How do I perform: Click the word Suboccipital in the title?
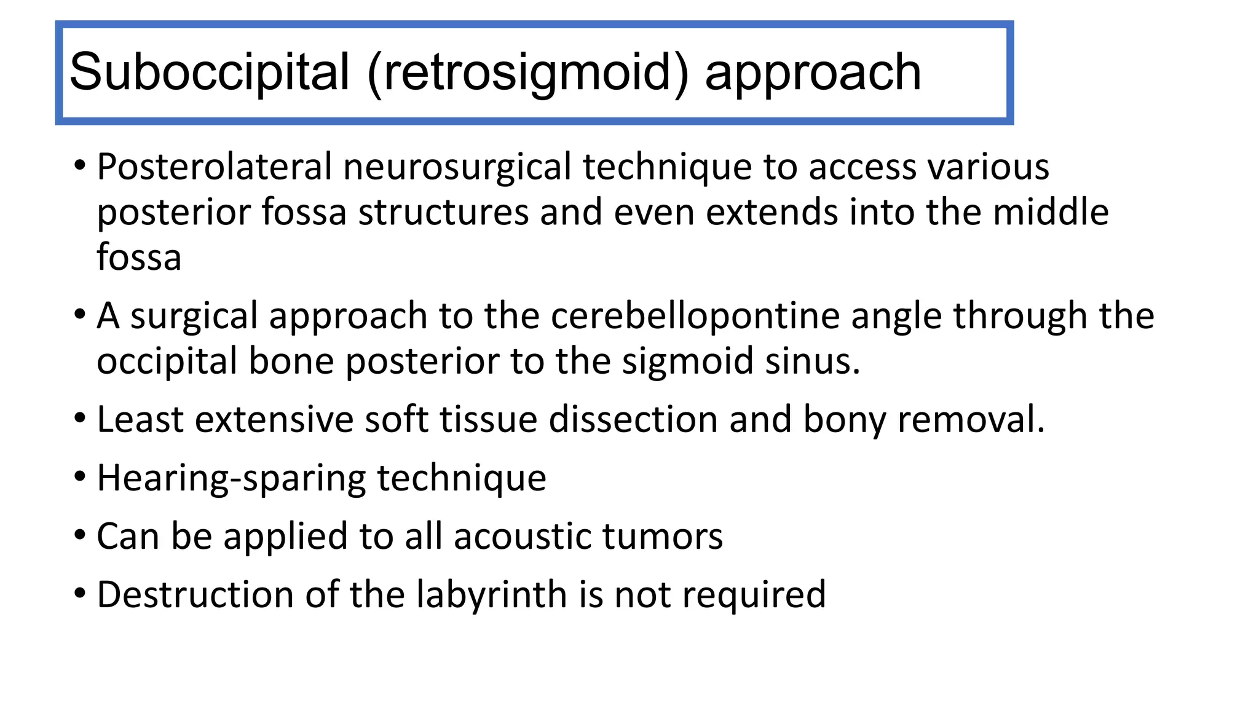[210, 73]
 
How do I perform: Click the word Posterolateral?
[214, 167]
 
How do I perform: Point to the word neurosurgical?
[457, 167]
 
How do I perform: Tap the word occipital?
[167, 361]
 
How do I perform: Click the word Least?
[140, 420]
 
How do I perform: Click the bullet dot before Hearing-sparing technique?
[79, 477]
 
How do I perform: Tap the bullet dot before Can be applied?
[79, 535]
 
